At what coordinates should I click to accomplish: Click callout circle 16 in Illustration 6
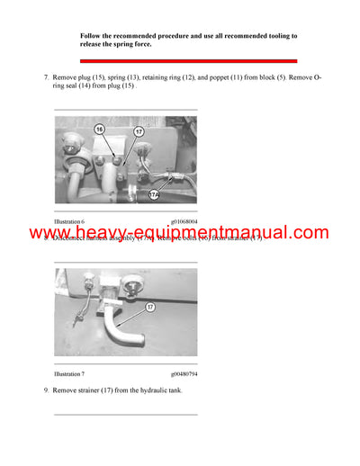[x=100, y=130]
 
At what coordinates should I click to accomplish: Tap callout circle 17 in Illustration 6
[x=139, y=132]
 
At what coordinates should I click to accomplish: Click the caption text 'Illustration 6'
[x=69, y=220]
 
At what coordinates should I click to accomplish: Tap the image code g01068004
[x=184, y=220]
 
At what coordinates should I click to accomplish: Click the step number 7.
[x=45, y=78]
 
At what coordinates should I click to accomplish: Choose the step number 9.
[x=45, y=390]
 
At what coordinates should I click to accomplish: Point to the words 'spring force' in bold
[x=130, y=44]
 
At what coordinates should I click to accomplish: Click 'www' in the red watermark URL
[x=49, y=234]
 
